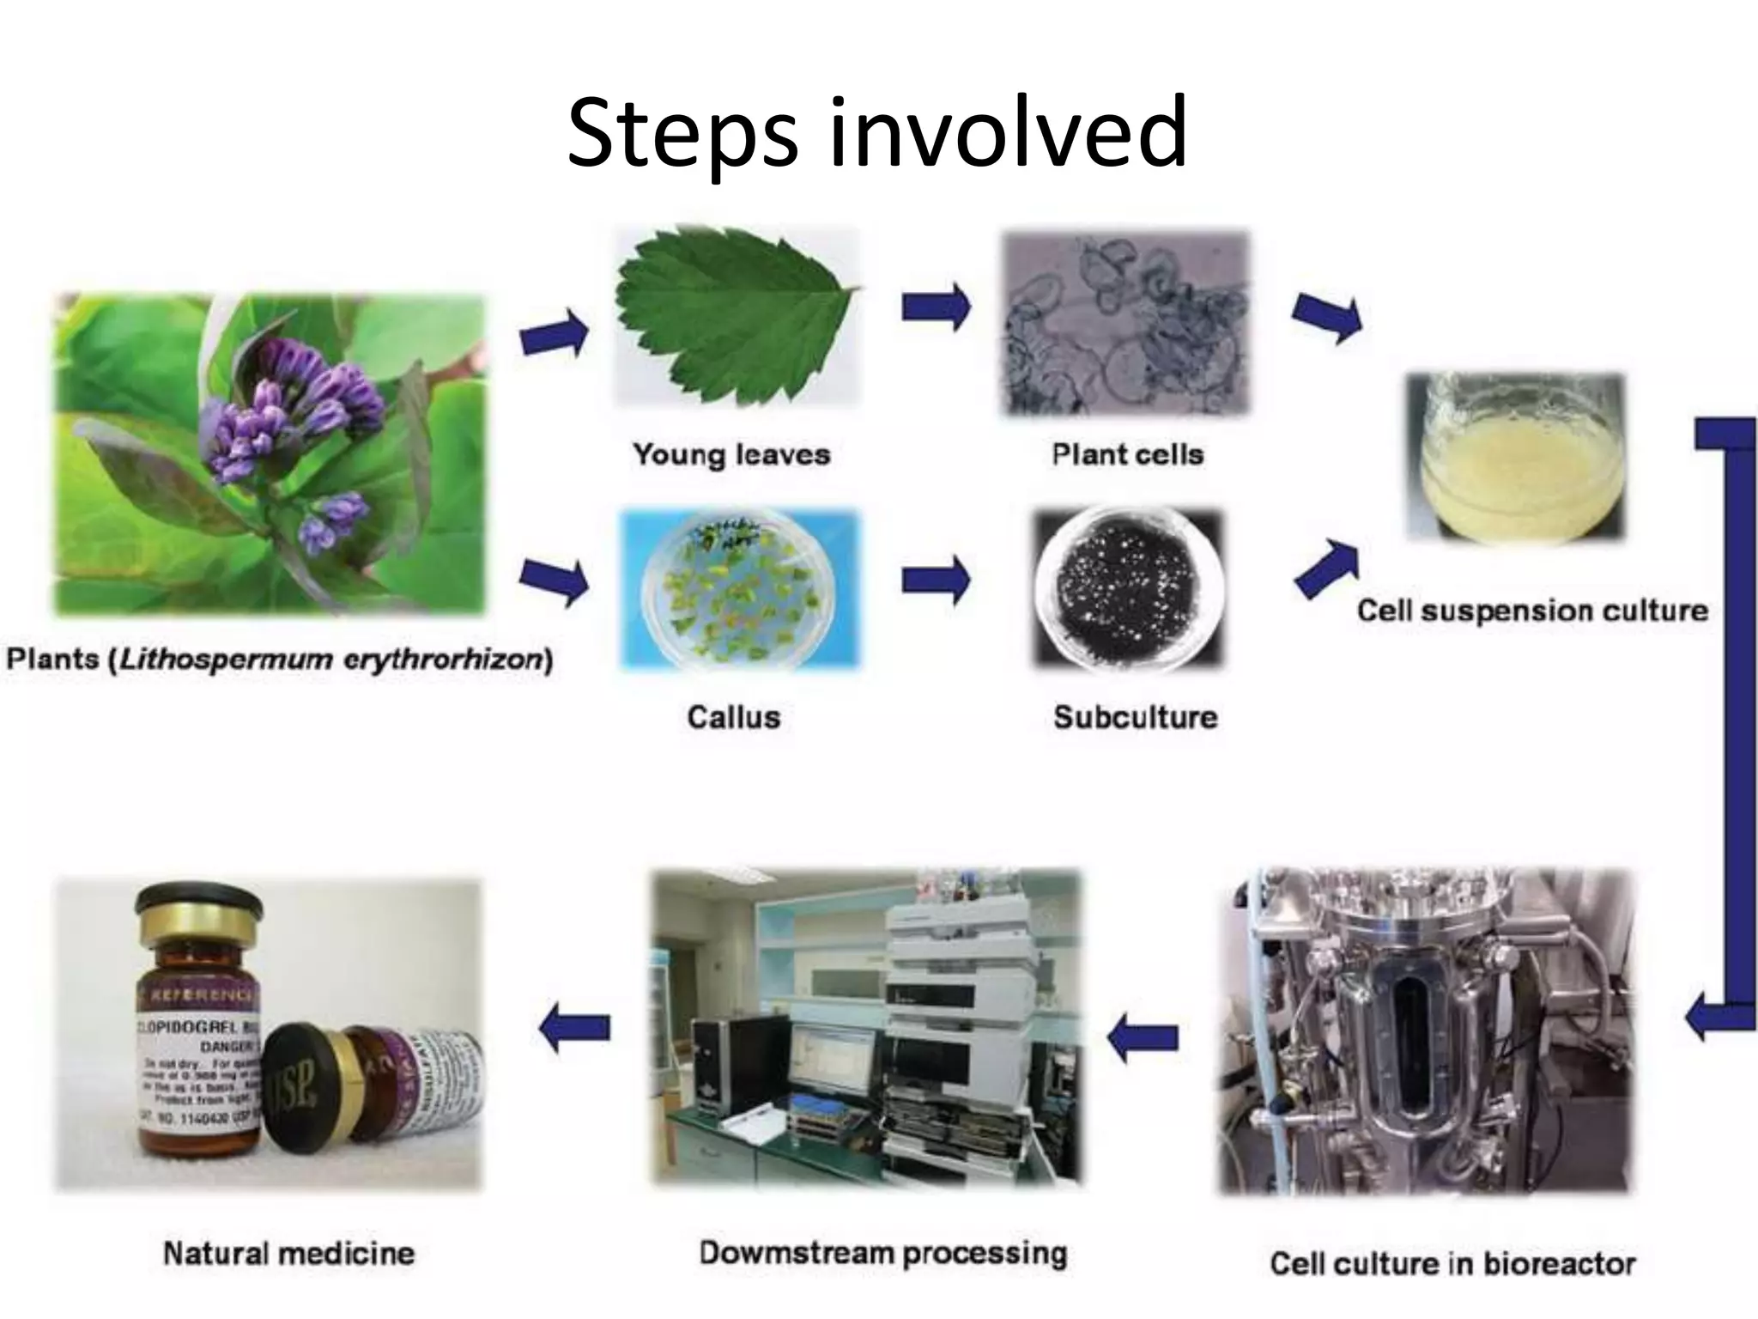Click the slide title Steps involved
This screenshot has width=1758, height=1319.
877,133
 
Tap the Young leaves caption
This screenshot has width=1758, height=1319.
731,454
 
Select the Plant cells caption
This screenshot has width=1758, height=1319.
1128,454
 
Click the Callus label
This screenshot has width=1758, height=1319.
733,717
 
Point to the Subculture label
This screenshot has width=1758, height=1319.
1135,717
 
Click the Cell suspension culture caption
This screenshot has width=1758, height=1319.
1532,611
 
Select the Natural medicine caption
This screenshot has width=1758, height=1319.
288,1253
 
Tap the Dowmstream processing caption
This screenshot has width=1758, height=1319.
882,1253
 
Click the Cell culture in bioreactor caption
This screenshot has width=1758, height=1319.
1452,1263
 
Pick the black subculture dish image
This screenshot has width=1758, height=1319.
1127,588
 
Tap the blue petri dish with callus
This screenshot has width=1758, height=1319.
738,588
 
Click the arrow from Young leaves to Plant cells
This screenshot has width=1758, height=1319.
935,307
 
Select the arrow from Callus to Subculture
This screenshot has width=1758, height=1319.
935,580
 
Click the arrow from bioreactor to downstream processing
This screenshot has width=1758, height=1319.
1142,1037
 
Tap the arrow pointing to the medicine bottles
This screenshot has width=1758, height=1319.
575,1027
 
